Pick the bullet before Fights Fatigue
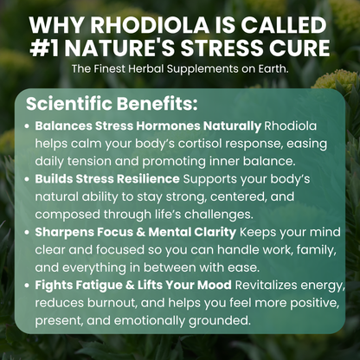coord(29,284)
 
